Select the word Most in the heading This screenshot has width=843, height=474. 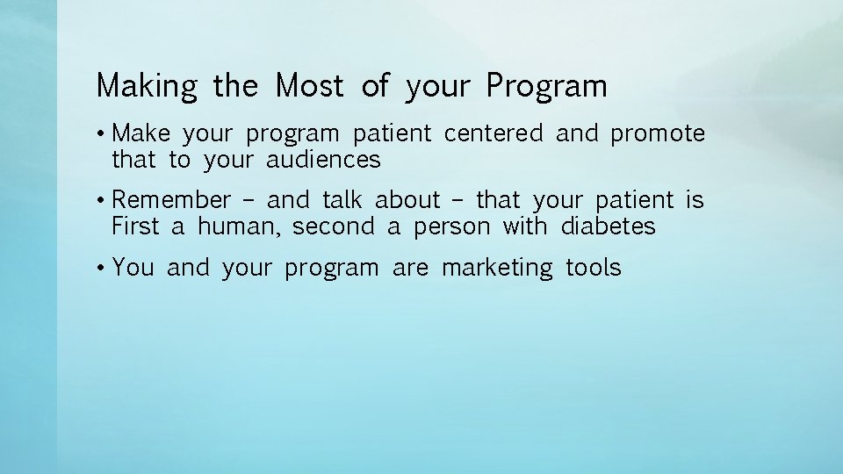coord(310,86)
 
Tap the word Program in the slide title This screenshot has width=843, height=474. coord(546,87)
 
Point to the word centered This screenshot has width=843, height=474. coord(494,133)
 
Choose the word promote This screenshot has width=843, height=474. coord(658,133)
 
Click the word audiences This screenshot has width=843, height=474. coord(323,160)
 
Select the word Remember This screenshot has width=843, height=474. coord(171,200)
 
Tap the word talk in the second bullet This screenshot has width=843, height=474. coord(342,200)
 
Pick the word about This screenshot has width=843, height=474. coord(407,200)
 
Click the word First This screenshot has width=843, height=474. coord(135,226)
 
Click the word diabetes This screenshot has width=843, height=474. coord(608,226)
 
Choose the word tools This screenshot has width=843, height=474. coord(594,268)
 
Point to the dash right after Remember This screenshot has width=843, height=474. coord(249,201)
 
